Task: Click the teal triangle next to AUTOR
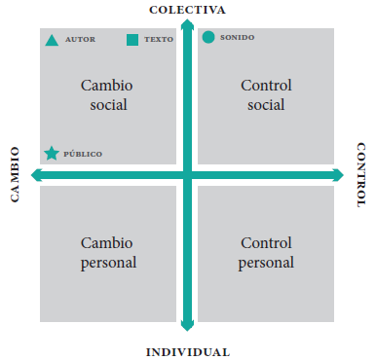pyautogui.click(x=52, y=41)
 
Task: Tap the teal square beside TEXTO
pyautogui.click(x=132, y=40)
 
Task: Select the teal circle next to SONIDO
pyautogui.click(x=208, y=37)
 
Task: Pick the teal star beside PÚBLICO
pyautogui.click(x=52, y=154)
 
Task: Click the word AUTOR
pyautogui.click(x=80, y=40)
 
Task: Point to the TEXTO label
pyautogui.click(x=159, y=40)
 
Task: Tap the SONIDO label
pyautogui.click(x=237, y=38)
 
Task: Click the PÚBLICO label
pyautogui.click(x=83, y=154)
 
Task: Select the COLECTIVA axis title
pyautogui.click(x=187, y=10)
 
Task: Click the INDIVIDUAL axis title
pyautogui.click(x=188, y=352)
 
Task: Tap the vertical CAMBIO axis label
pyautogui.click(x=15, y=174)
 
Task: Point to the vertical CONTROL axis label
pyautogui.click(x=361, y=174)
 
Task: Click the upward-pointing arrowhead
pyautogui.click(x=187, y=24)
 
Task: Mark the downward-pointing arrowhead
pyautogui.click(x=187, y=325)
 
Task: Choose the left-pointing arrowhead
pyautogui.click(x=36, y=175)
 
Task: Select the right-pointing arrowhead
pyautogui.click(x=338, y=175)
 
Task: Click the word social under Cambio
pyautogui.click(x=108, y=105)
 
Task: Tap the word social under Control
pyautogui.click(x=266, y=105)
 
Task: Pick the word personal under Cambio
pyautogui.click(x=108, y=263)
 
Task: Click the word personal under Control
pyautogui.click(x=266, y=263)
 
